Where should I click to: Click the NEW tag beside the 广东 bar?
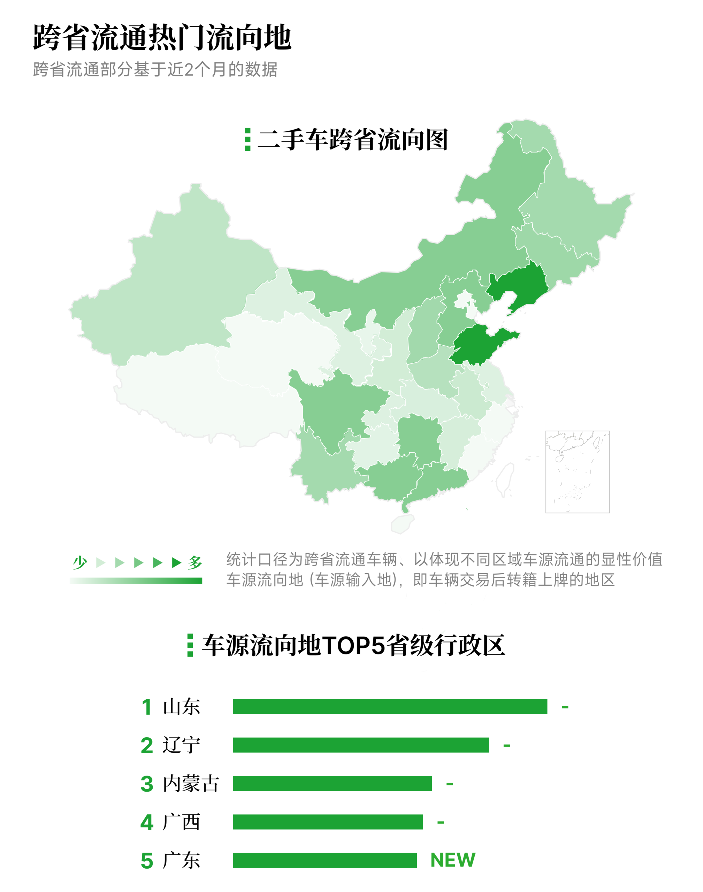coord(453,860)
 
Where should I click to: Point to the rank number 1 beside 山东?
coord(146,707)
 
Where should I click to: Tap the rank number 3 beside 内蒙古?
coord(146,784)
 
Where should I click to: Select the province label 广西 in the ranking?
coord(182,822)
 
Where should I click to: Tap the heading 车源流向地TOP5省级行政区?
coord(353,645)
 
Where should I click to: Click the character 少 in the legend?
coord(80,562)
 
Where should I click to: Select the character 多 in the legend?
coord(195,562)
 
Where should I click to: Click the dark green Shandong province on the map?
coord(477,344)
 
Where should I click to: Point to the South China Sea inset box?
coord(577,471)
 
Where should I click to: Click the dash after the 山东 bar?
coord(565,707)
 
